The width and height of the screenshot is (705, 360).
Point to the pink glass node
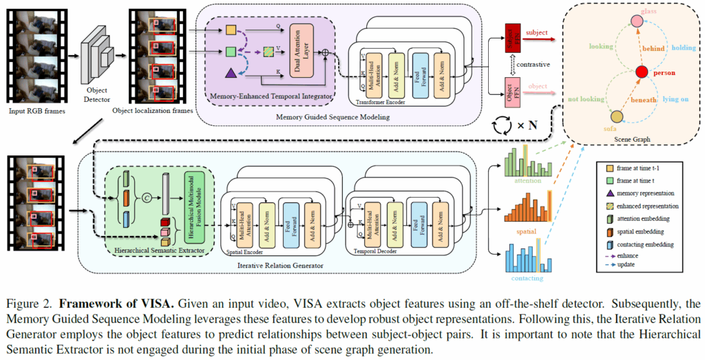[x=638, y=23]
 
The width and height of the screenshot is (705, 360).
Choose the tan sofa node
[x=617, y=117]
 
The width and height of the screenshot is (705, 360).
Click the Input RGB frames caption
[x=36, y=110]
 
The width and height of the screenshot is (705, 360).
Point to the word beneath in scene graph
[x=645, y=100]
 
